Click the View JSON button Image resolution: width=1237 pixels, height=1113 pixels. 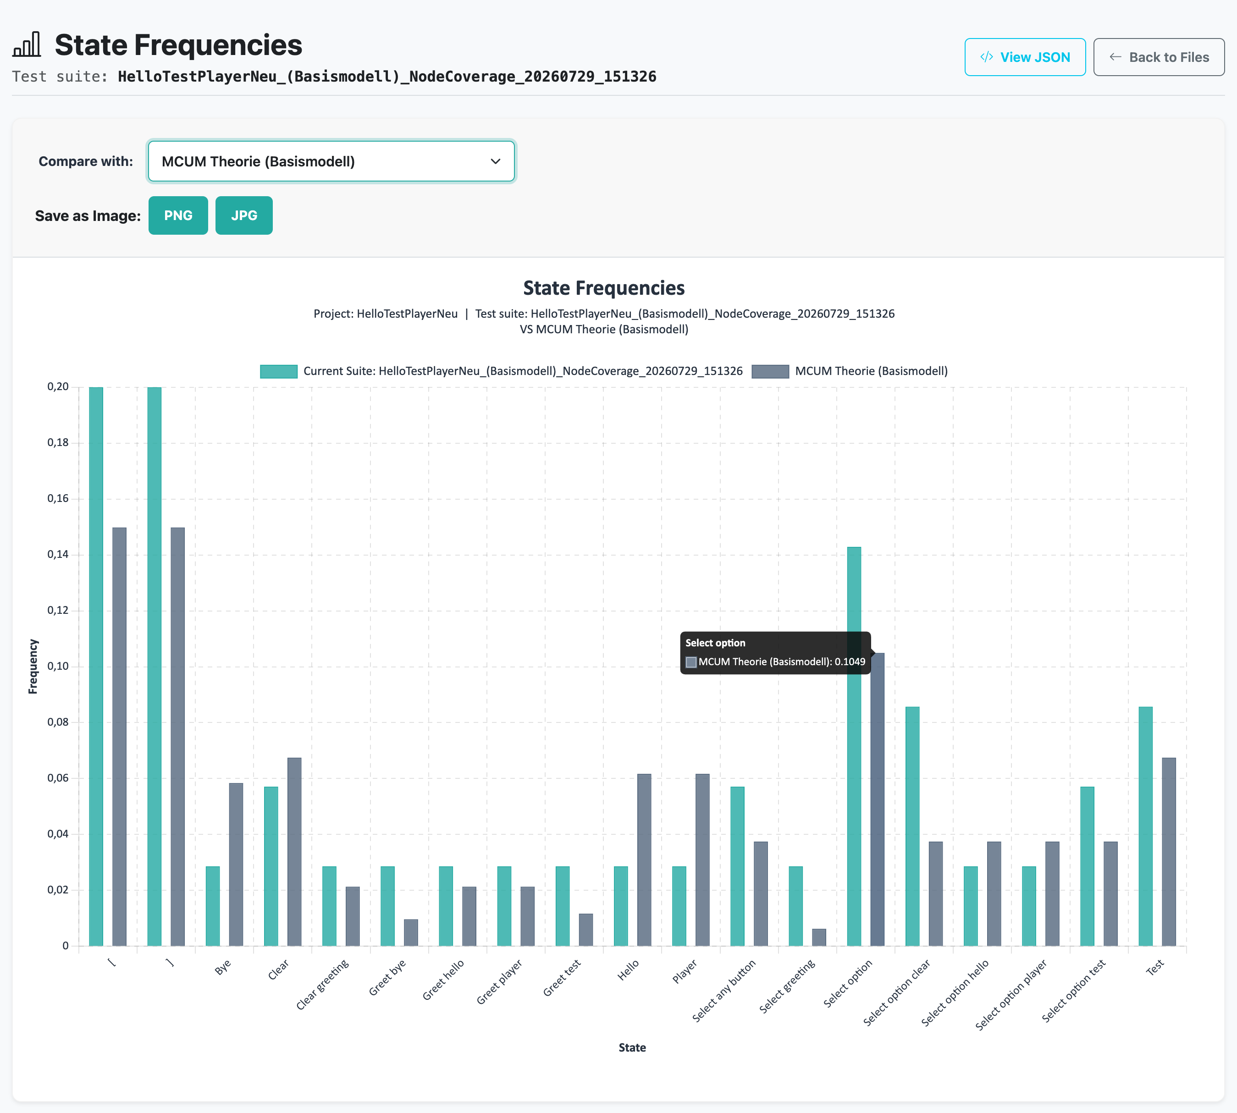(x=1025, y=57)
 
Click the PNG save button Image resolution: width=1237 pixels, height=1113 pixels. (x=178, y=215)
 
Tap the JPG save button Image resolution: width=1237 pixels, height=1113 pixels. (x=244, y=215)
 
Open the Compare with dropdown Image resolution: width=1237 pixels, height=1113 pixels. (x=331, y=161)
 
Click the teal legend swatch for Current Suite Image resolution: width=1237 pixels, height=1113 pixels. (x=279, y=371)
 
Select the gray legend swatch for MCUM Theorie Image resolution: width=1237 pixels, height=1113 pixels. (x=770, y=371)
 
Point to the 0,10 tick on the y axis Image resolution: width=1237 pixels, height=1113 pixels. (x=58, y=666)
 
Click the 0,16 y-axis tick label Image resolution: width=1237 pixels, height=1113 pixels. (x=58, y=498)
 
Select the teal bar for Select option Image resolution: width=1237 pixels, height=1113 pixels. (x=854, y=746)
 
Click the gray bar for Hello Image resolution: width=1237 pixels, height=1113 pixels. (x=644, y=860)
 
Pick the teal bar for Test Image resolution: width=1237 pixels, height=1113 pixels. (x=1146, y=826)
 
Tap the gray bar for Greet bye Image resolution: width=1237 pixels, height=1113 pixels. (x=411, y=932)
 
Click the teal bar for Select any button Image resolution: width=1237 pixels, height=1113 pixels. (x=738, y=866)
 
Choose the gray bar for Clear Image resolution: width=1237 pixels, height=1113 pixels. (x=294, y=852)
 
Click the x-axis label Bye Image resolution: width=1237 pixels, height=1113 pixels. (x=223, y=967)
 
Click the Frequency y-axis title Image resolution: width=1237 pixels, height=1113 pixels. (x=33, y=667)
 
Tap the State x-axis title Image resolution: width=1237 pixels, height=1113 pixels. (x=632, y=1047)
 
